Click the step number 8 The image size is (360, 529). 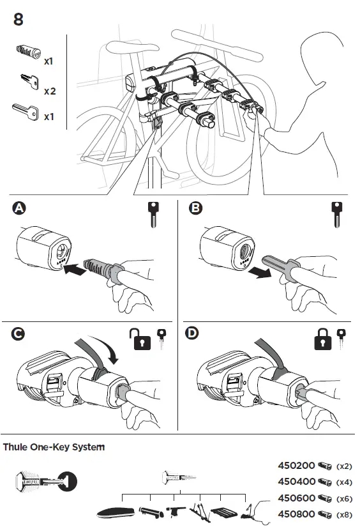point(19,19)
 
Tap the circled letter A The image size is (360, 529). point(19,208)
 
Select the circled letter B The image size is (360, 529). point(195,208)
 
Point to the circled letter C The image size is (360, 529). point(18,333)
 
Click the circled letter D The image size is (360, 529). point(191,333)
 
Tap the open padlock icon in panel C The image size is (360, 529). point(140,339)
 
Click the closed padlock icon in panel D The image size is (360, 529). point(323,339)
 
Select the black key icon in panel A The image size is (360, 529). point(153,215)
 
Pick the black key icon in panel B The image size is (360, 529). point(337,215)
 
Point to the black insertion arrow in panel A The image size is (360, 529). point(75,269)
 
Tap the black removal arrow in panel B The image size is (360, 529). point(260,272)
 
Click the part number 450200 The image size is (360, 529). point(296,466)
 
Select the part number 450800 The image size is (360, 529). point(296,514)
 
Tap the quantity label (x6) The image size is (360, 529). point(344,498)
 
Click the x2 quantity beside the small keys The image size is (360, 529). point(50,91)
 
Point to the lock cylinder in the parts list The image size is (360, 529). point(29,51)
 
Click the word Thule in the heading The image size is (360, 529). point(15,447)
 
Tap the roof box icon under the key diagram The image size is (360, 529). point(116,513)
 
